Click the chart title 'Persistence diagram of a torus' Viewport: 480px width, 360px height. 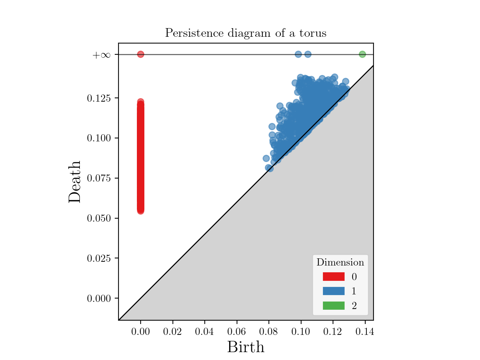[x=246, y=33]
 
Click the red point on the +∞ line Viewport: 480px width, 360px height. [x=141, y=54]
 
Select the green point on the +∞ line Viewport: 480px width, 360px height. [x=362, y=54]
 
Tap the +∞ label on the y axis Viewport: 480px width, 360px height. [x=101, y=55]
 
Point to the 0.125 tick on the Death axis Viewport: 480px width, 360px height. [x=99, y=98]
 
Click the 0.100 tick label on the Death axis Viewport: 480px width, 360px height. [x=99, y=138]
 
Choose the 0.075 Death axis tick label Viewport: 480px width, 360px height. [x=99, y=178]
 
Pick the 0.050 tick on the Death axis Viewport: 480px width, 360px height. [x=99, y=218]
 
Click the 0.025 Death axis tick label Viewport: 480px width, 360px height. [x=99, y=258]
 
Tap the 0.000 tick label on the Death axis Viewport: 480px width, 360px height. [x=99, y=298]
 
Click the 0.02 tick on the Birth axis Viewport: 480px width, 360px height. [x=172, y=331]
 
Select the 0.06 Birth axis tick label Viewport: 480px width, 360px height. [x=237, y=331]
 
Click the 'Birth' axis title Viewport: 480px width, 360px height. [x=246, y=347]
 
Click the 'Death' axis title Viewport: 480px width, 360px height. [x=75, y=181]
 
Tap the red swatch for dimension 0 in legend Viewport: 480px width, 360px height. [x=333, y=277]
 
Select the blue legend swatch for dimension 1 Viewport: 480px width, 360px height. [x=333, y=291]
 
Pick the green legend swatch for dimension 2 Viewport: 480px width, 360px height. [x=333, y=306]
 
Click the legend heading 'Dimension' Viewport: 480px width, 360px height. [x=340, y=262]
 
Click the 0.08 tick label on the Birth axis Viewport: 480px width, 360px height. [x=269, y=331]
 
